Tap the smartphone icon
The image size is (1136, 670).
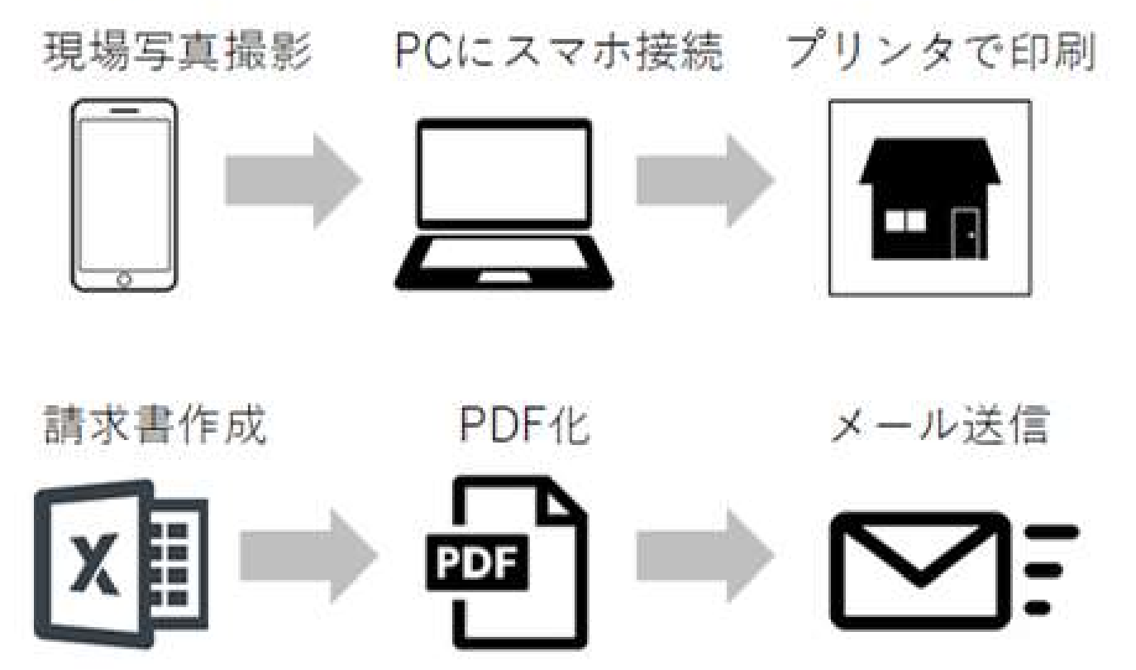click(124, 195)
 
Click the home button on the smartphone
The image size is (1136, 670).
click(124, 279)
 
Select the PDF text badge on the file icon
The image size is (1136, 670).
click(474, 564)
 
